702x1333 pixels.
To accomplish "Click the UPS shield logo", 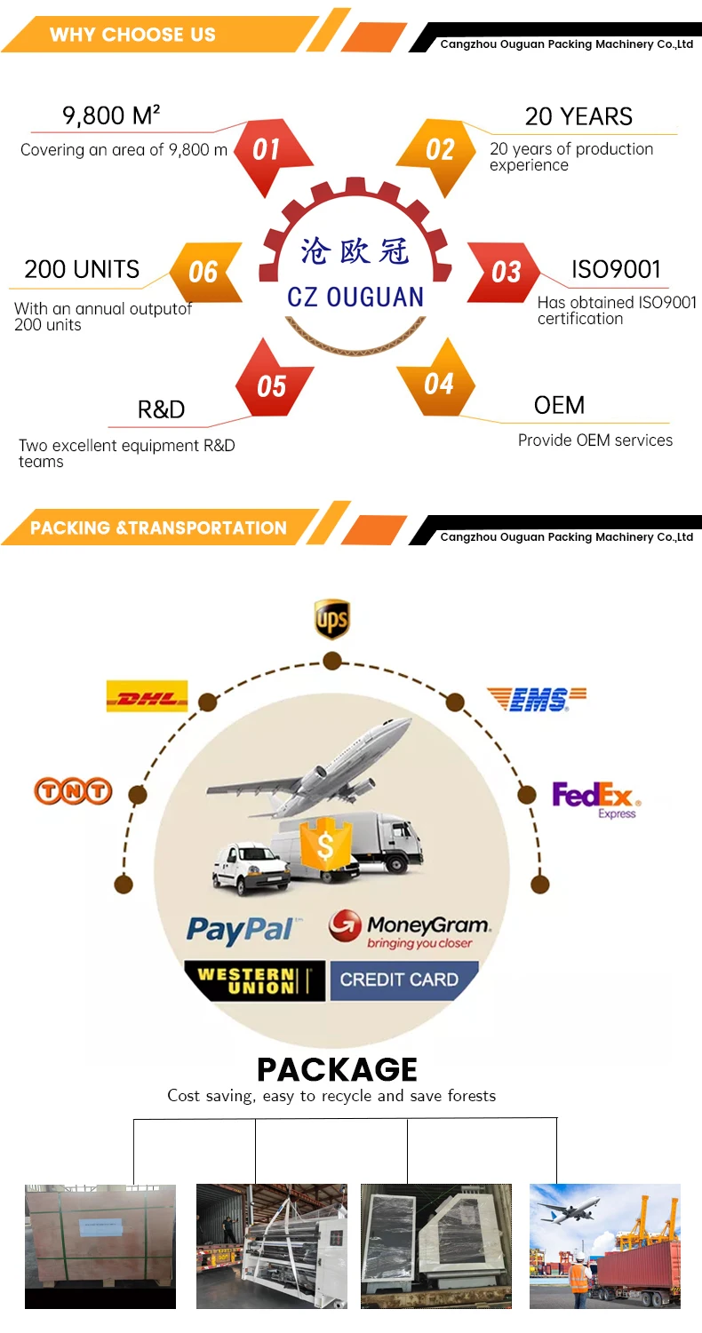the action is [331, 619].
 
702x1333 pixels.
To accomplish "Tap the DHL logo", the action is [147, 696].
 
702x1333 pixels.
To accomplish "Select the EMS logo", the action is [538, 699].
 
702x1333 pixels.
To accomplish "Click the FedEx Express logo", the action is [594, 798].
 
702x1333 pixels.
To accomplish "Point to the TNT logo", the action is [73, 790].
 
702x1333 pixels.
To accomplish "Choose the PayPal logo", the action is [240, 930].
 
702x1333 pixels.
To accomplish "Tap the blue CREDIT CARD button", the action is [399, 980].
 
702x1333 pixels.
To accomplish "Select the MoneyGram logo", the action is [410, 928].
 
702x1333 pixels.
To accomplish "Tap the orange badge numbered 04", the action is [438, 384].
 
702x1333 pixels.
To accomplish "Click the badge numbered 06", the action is [203, 272].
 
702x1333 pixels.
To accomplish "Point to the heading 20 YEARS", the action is [578, 116].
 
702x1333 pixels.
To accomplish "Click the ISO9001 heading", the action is [616, 269].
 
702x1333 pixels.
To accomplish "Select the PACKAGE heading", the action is [337, 1069].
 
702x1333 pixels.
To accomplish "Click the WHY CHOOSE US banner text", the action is [132, 35].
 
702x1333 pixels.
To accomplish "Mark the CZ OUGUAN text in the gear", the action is [355, 297].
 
